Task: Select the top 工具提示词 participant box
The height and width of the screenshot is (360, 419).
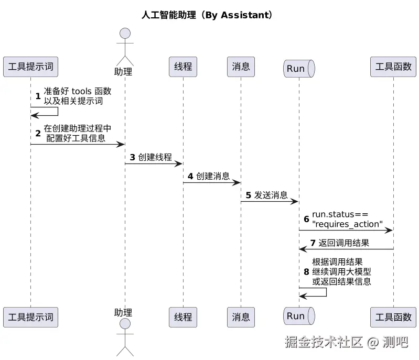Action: tap(30, 67)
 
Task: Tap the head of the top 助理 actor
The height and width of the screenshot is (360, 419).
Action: tap(125, 34)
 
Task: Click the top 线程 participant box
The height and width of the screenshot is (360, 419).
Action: tap(183, 67)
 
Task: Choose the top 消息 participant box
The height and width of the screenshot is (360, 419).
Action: tap(241, 67)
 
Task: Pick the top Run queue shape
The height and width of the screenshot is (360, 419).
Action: tap(298, 69)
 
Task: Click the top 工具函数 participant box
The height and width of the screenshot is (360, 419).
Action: tap(393, 67)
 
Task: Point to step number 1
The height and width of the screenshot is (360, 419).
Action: tap(38, 96)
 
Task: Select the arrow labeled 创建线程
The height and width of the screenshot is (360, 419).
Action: tap(154, 164)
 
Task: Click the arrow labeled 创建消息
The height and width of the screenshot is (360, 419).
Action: tap(212, 183)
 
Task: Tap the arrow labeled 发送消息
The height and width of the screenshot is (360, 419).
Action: tap(270, 202)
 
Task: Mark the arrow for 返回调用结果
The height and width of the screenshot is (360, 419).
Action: tap(346, 249)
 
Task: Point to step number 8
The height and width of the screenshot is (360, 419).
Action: tap(306, 272)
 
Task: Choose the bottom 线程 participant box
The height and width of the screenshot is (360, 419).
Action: tap(183, 317)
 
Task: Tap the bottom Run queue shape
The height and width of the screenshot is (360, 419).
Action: tap(298, 316)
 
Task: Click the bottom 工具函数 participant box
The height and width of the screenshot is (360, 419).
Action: tap(393, 317)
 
